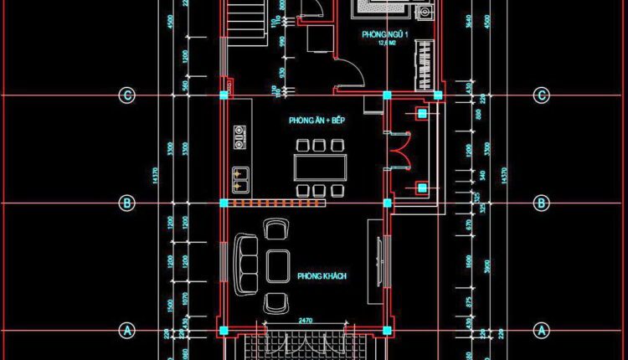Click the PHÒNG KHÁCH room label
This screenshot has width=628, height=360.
pyautogui.click(x=322, y=276)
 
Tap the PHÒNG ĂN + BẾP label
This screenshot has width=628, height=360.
pyautogui.click(x=317, y=121)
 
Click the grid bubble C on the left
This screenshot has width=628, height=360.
pyautogui.click(x=127, y=95)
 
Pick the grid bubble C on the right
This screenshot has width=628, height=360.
pyautogui.click(x=541, y=95)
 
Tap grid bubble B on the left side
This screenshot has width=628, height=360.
pyautogui.click(x=127, y=203)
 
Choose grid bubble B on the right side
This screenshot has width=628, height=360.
pyautogui.click(x=541, y=203)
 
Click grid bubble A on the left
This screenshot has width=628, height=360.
pyautogui.click(x=127, y=330)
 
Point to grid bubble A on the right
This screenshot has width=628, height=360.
pyautogui.click(x=541, y=330)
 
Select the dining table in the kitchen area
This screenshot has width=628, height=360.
pyautogui.click(x=319, y=167)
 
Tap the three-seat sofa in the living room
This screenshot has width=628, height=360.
pyautogui.click(x=246, y=265)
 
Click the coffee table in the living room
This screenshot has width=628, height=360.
pyautogui.click(x=277, y=265)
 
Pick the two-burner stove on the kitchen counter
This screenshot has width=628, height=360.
pyautogui.click(x=240, y=136)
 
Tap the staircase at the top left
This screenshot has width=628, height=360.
pyautogui.click(x=246, y=17)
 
